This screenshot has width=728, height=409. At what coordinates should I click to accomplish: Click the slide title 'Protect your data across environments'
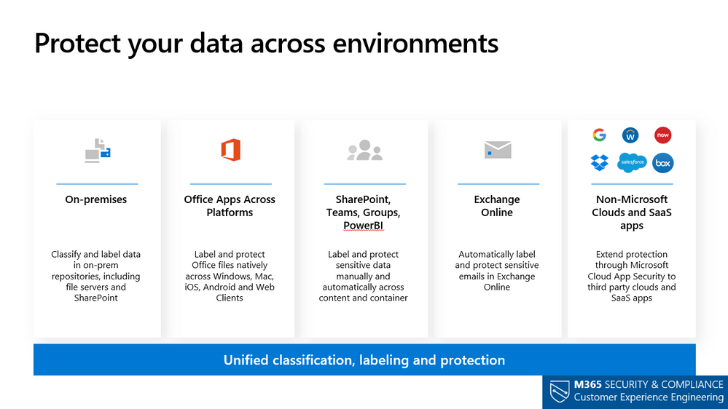coord(266,43)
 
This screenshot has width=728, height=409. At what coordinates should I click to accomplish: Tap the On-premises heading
coord(96,199)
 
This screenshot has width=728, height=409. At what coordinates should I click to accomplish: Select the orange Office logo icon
coord(230,150)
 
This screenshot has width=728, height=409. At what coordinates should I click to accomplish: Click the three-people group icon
coord(364,150)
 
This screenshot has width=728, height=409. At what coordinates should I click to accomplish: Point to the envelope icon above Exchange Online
coord(498,150)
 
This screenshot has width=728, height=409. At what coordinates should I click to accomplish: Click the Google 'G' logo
coord(599,135)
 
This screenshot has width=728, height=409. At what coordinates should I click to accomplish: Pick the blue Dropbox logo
coord(599,163)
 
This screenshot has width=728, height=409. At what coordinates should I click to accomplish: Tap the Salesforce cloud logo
coord(632,162)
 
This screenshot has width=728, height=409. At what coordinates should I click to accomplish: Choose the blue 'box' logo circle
coord(662,163)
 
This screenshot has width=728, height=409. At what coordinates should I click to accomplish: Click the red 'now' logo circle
coord(662,135)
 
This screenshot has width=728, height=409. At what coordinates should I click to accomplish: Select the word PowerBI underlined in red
coord(363,226)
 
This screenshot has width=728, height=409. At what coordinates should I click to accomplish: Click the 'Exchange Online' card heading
coord(497,206)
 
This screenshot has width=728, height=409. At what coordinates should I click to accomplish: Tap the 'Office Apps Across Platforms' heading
coord(230,206)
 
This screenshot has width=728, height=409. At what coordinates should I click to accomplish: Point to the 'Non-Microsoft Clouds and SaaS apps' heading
coord(631,213)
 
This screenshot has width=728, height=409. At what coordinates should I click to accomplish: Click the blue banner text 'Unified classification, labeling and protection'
coord(364,360)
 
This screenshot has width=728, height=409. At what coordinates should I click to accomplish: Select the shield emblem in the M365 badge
coord(557,392)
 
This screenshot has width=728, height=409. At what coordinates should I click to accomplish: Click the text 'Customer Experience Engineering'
coord(649,397)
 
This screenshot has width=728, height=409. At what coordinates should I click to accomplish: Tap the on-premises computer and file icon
coord(98,150)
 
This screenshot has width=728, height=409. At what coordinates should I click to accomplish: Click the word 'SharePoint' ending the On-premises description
coord(96,298)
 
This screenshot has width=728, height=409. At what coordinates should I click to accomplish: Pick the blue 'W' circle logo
coord(630,135)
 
